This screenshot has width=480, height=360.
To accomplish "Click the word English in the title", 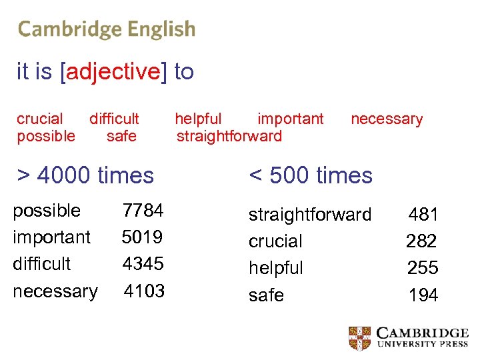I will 162,29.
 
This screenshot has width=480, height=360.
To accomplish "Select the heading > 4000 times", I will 85,175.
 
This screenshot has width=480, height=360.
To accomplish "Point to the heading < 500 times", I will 311,175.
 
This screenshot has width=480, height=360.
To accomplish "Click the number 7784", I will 143,211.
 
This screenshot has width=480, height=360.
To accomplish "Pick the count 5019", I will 143,237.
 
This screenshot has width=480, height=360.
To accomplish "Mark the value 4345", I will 143,264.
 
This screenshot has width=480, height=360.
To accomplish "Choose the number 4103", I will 144,291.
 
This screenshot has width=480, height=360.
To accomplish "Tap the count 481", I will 423,215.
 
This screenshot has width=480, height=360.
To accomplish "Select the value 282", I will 422,241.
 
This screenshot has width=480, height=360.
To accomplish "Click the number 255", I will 423,268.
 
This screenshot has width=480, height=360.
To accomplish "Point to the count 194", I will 423,295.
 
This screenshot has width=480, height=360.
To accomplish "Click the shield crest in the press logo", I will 360,338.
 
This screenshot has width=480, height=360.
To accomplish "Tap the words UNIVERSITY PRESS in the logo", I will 423,345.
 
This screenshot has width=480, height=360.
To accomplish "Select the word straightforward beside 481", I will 310,215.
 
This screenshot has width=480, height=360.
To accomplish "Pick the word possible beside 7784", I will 47,211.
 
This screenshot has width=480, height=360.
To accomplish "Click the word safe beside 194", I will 266,295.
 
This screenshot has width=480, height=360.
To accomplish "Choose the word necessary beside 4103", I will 55,291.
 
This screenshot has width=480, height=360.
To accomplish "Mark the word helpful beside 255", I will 275,268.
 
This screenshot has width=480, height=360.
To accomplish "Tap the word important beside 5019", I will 51,237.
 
